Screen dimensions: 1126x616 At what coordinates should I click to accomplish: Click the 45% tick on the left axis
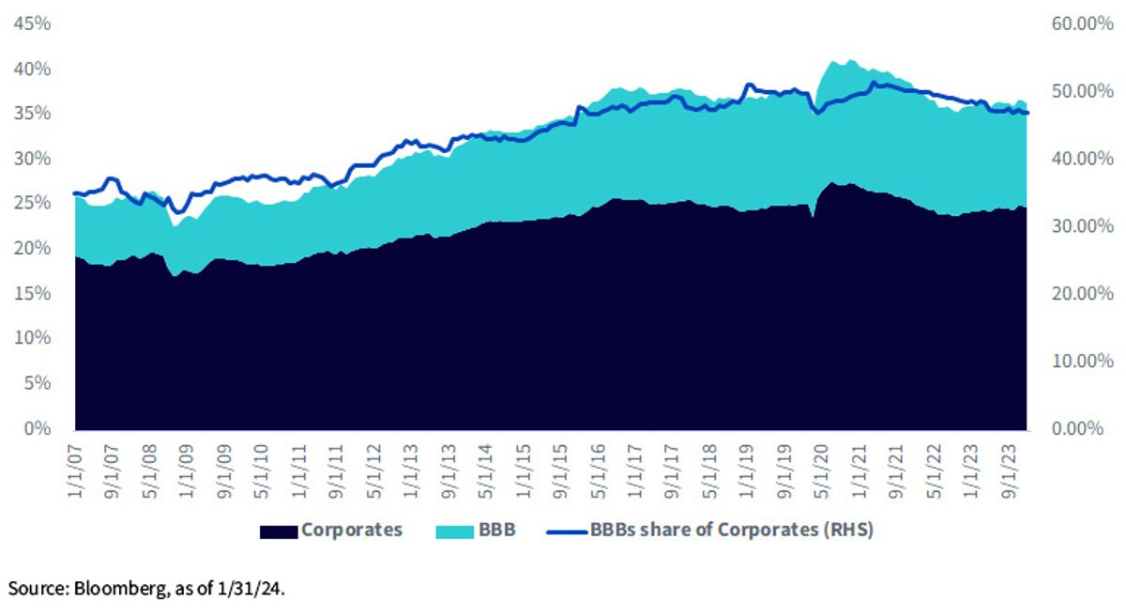32,23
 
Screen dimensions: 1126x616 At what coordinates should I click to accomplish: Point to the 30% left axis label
32,159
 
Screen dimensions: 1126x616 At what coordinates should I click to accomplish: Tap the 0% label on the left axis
38,428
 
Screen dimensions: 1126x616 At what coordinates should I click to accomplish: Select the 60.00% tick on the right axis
1082,23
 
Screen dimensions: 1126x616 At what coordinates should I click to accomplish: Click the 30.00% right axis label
1082,225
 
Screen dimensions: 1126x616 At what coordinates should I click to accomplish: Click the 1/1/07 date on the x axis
75,471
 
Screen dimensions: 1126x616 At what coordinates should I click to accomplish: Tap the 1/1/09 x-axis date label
187,471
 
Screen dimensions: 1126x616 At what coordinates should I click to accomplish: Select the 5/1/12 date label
373,471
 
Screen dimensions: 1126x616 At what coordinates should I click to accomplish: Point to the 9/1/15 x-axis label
560,471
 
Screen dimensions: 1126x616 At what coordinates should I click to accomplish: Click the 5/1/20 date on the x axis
821,471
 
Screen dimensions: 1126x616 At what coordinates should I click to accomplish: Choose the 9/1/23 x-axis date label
1008,471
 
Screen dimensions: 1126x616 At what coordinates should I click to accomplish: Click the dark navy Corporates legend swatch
279,532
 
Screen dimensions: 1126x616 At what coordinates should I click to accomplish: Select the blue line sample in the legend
567,531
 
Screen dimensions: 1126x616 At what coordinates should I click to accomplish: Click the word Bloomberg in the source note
120,589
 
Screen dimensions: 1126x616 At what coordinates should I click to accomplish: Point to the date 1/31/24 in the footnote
249,589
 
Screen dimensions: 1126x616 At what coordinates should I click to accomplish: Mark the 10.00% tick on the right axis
1082,361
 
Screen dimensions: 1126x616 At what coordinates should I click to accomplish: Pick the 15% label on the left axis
32,293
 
